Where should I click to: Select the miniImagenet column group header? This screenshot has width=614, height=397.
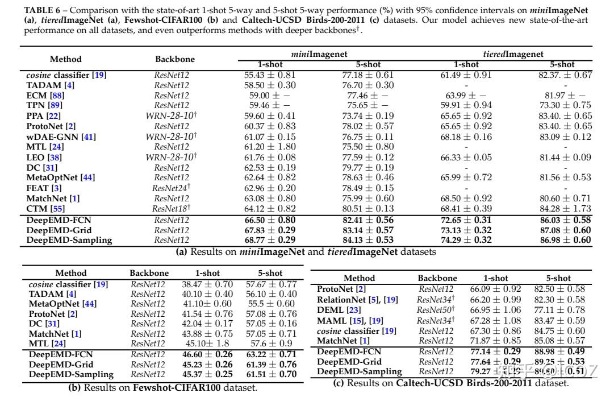click(x=319, y=54)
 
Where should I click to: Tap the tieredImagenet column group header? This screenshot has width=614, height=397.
click(x=513, y=54)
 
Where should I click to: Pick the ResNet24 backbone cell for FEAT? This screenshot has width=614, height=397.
click(x=171, y=188)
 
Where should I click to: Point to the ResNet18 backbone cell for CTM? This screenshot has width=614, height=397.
click(x=171, y=209)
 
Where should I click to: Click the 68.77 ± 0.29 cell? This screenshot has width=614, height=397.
click(x=270, y=240)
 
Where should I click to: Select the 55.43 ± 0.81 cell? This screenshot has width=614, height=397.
click(x=270, y=75)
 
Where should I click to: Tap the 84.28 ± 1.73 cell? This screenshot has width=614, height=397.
click(x=565, y=209)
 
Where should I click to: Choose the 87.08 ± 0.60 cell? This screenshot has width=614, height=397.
click(x=565, y=230)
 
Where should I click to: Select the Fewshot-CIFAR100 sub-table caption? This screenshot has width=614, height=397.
click(x=162, y=388)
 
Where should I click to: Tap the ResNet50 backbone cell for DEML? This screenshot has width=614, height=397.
click(x=436, y=310)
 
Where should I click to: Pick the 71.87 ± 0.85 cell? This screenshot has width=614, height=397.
click(x=496, y=341)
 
